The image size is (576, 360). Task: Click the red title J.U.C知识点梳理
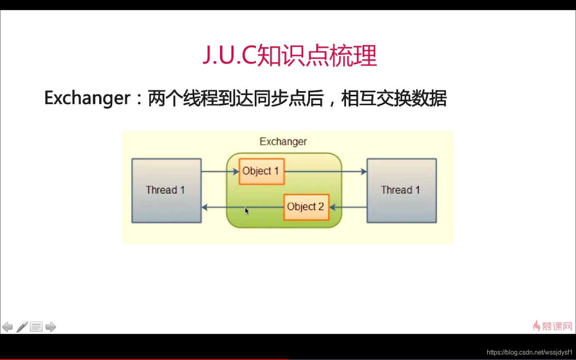[290, 55]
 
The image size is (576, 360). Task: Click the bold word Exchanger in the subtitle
[88, 98]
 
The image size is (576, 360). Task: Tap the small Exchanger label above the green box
[283, 142]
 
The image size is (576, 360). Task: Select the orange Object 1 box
[262, 172]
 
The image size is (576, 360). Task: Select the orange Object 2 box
[306, 207]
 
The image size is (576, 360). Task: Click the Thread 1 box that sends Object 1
[166, 190]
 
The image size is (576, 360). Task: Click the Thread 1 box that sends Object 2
[402, 190]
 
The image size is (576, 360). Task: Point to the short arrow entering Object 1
[220, 172]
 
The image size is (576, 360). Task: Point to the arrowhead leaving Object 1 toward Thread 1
[363, 172]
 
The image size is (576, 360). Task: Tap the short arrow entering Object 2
[348, 207]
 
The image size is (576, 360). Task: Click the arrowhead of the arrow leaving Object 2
[205, 207]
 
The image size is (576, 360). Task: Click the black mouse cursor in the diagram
[247, 211]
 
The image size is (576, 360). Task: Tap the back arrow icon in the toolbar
[8, 327]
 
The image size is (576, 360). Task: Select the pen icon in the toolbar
[22, 326]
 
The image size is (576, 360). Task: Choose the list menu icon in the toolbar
[36, 327]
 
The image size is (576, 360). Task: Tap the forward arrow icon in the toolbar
[51, 327]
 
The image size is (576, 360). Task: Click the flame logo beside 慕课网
[537, 326]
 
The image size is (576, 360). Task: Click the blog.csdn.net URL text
[530, 352]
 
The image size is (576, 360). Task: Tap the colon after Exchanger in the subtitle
[139, 100]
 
